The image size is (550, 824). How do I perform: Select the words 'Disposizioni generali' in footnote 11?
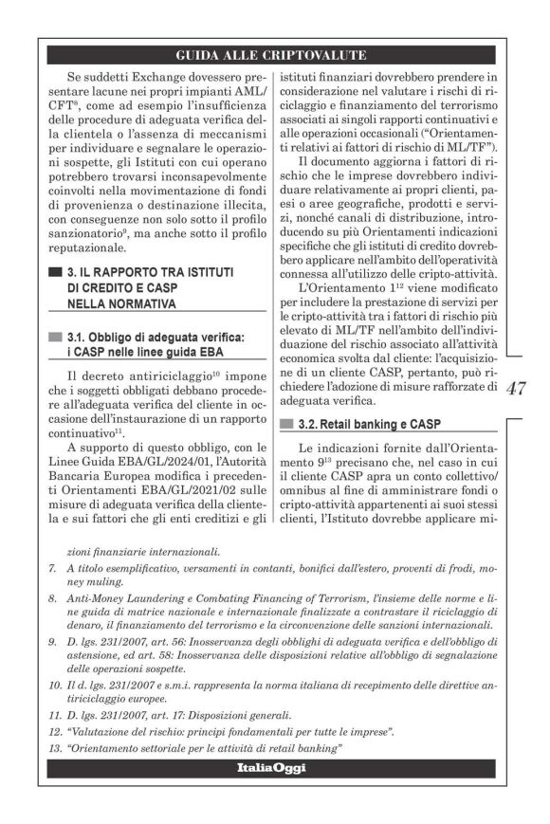click(x=246, y=714)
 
